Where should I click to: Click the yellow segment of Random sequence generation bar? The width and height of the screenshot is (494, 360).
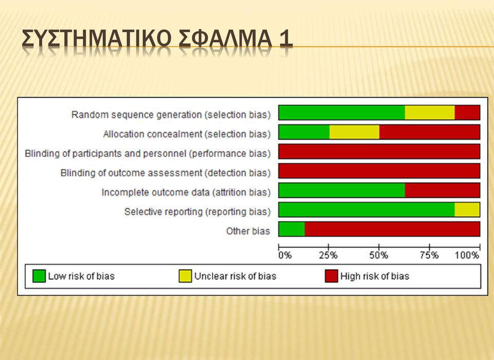(430, 113)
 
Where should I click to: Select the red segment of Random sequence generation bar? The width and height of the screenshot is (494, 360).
(467, 113)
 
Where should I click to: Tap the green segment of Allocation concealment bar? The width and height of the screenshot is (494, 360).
(304, 132)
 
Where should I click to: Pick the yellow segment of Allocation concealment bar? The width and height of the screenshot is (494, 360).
(355, 132)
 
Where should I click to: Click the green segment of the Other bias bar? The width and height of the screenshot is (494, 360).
(292, 229)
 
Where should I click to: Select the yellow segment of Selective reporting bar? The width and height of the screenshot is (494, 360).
(467, 210)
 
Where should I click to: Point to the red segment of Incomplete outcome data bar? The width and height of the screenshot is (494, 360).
(443, 190)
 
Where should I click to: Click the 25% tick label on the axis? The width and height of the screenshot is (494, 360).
(328, 255)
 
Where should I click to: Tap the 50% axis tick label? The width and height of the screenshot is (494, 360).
(379, 255)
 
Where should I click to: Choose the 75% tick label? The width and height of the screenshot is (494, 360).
(429, 255)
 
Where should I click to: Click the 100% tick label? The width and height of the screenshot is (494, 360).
(467, 255)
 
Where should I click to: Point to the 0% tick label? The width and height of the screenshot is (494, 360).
(285, 255)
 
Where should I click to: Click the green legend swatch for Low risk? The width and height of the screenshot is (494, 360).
(39, 276)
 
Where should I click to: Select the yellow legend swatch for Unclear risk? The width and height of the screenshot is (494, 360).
(185, 276)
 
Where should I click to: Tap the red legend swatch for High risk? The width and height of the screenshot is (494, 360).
(331, 276)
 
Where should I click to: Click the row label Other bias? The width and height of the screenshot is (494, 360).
(248, 231)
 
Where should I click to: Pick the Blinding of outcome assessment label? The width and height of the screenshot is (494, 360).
(166, 173)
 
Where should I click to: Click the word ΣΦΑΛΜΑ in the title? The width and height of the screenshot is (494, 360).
(225, 39)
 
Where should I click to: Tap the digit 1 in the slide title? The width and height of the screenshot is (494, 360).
(286, 39)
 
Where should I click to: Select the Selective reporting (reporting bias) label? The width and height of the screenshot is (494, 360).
(198, 212)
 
